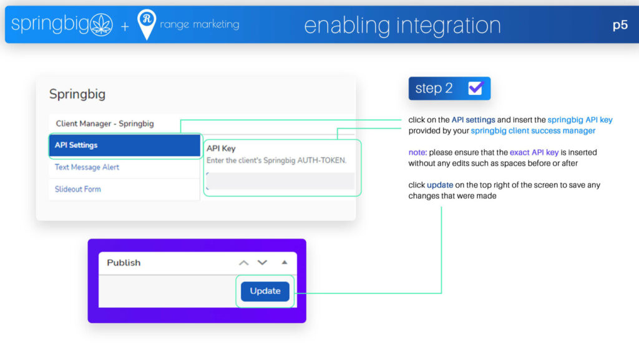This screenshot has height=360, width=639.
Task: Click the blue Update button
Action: coord(265,291)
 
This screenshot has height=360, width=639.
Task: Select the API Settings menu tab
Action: coord(125,145)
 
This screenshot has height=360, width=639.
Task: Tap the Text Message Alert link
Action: coord(87,167)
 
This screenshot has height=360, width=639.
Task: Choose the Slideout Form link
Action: coord(78,189)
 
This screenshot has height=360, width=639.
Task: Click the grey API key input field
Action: coord(280,181)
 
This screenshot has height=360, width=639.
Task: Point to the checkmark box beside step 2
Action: coord(476,88)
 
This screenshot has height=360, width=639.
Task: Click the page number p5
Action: coord(620,25)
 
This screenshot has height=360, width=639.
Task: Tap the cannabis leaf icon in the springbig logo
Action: coord(101,24)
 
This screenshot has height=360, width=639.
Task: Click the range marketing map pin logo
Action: coord(147,24)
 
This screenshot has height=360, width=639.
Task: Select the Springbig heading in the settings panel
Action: coord(77,94)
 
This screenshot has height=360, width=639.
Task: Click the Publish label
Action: coord(124,263)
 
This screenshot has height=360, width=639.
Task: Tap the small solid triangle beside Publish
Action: coord(285,262)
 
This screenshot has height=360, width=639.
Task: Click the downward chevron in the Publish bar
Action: coord(262,263)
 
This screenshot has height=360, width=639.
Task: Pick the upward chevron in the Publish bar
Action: coord(244,263)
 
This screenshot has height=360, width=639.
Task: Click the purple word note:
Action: coord(417,152)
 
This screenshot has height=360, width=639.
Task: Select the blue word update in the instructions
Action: coord(440,185)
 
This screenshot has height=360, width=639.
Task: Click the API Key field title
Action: coord(221,148)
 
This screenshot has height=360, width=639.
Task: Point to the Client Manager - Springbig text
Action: coord(105,124)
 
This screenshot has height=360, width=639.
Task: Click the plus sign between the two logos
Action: coord(125,26)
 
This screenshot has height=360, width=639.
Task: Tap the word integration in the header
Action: coord(448,26)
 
